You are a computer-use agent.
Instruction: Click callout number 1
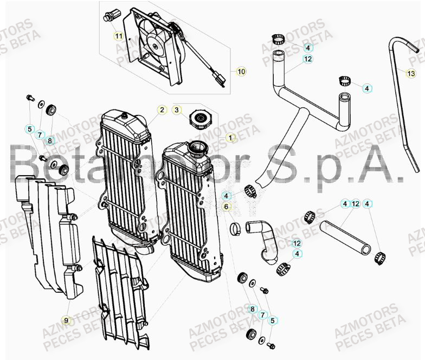coord(230,138)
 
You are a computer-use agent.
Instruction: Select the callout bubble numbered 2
coord(162,110)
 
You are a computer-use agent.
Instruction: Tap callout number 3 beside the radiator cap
coord(177,110)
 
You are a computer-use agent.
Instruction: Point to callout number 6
coord(226,207)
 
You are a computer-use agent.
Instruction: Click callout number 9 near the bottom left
coord(67,320)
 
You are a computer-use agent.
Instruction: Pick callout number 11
coord(118,36)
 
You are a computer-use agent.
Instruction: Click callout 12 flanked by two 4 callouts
coord(356,204)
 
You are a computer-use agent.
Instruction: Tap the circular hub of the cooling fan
coord(156,46)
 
